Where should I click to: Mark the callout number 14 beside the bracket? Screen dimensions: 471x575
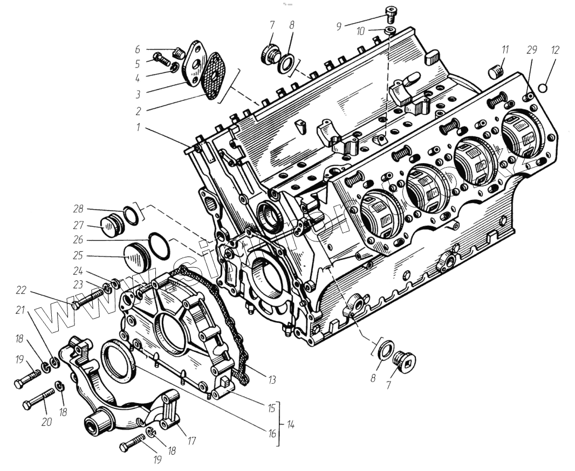click(291, 425)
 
